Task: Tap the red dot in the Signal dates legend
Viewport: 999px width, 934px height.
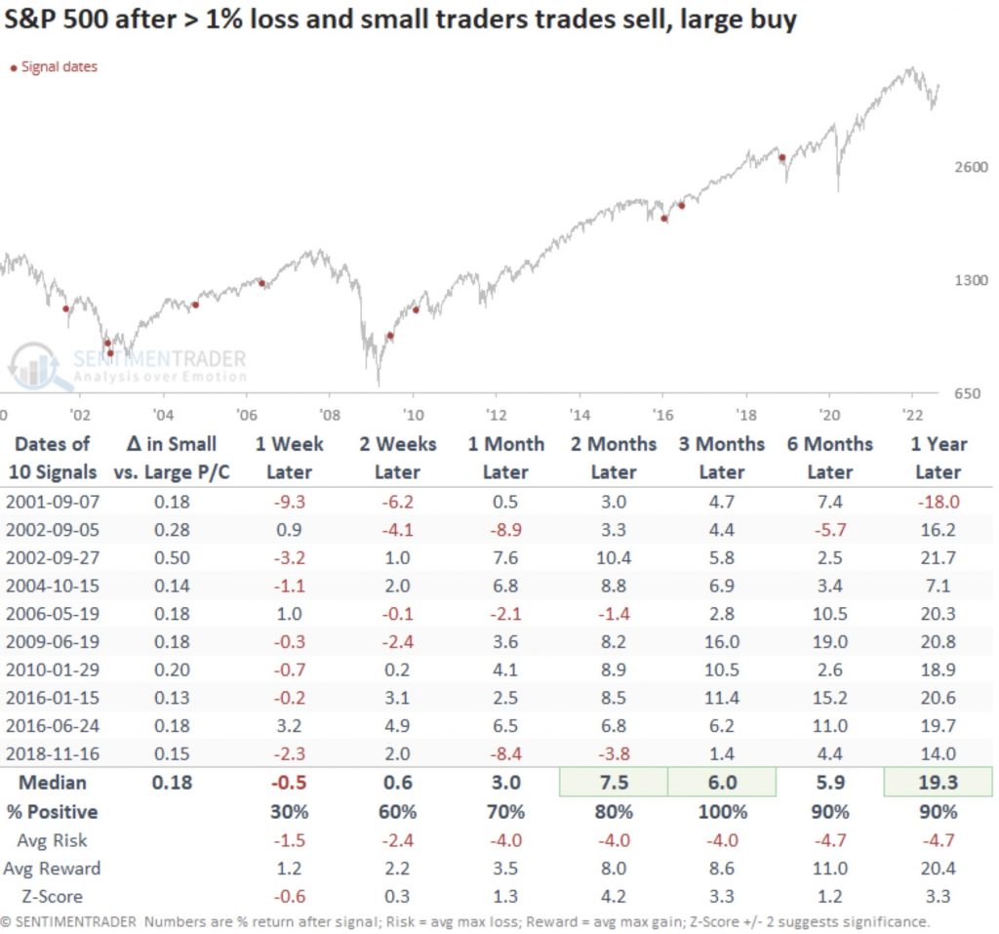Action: pyautogui.click(x=13, y=67)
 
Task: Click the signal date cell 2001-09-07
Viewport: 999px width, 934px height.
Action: pyautogui.click(x=53, y=502)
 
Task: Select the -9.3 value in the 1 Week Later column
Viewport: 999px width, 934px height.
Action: pyautogui.click(x=289, y=502)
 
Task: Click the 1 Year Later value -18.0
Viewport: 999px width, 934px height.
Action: pyautogui.click(x=939, y=502)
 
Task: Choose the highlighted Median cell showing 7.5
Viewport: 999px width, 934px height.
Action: pyautogui.click(x=613, y=783)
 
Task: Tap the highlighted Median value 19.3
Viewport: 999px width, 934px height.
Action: pyautogui.click(x=939, y=783)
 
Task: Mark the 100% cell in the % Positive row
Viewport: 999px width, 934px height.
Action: pyautogui.click(x=722, y=811)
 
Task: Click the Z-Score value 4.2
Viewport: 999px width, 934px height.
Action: pyautogui.click(x=614, y=896)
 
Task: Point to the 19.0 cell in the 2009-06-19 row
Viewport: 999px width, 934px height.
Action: pyautogui.click(x=830, y=642)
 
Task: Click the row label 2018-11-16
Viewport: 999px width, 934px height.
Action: pyautogui.click(x=53, y=754)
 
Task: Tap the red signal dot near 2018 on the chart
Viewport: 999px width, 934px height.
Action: pyautogui.click(x=781, y=157)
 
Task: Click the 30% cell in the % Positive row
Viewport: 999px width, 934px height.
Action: pyautogui.click(x=289, y=811)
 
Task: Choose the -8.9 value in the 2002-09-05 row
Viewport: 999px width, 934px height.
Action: pyautogui.click(x=505, y=530)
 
